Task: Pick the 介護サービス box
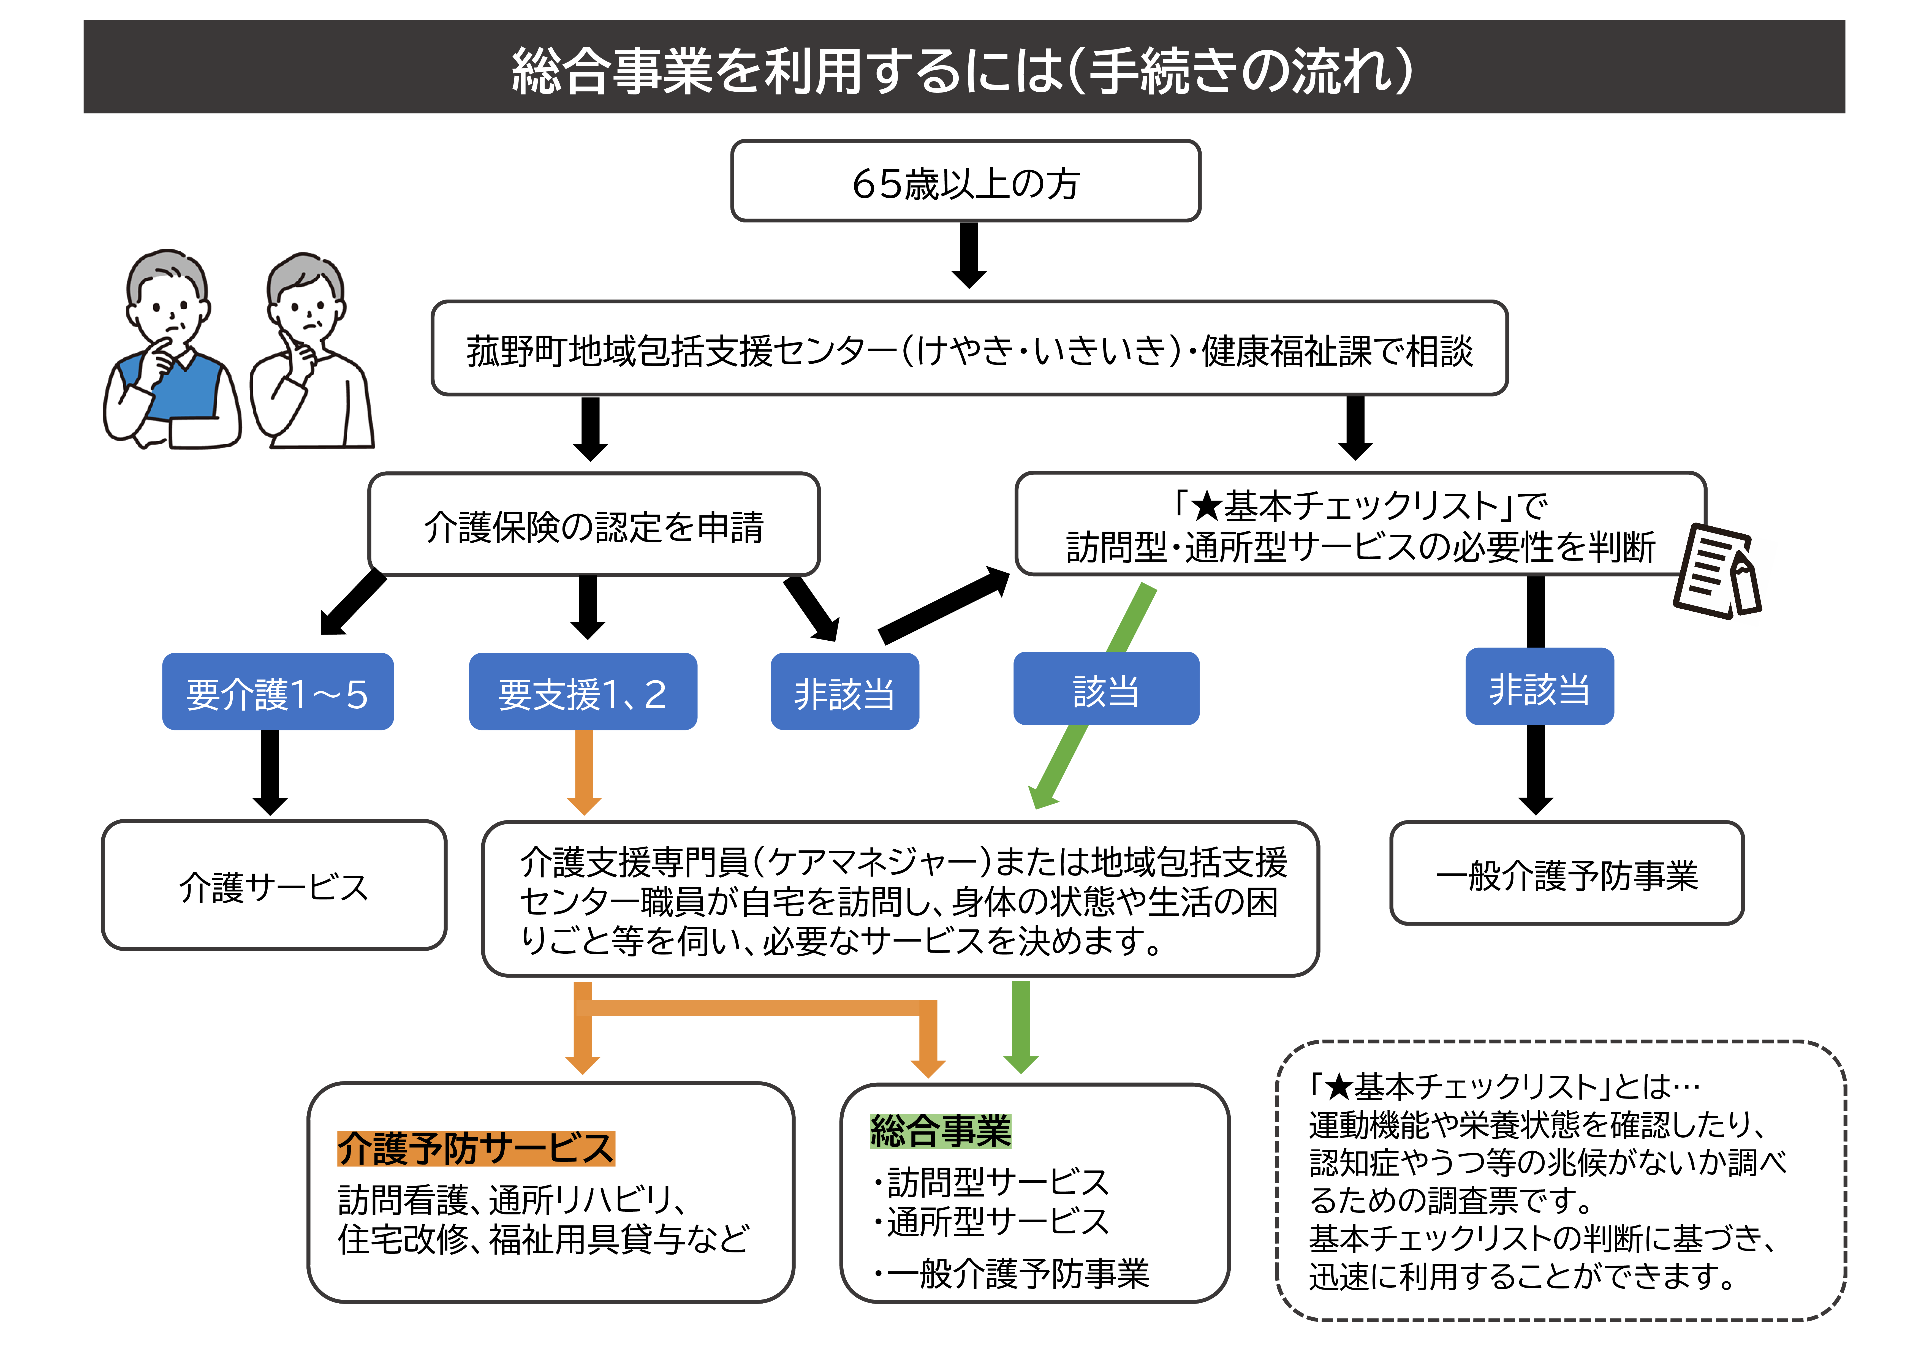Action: point(273,885)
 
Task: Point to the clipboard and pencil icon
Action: point(1717,572)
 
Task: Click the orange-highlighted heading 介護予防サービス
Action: point(475,1149)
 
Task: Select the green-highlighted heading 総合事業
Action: point(940,1130)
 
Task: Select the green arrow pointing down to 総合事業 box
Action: point(1021,1027)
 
